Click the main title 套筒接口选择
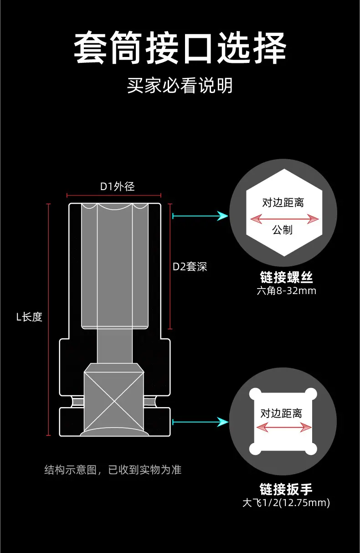click(x=180, y=48)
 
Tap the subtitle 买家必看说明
click(x=180, y=86)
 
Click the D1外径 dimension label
click(x=118, y=186)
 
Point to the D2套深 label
click(x=190, y=267)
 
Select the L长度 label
click(x=29, y=317)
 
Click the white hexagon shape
click(x=284, y=212)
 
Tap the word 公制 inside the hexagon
click(x=282, y=230)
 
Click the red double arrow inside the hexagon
click(x=284, y=219)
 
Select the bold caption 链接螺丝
click(x=286, y=277)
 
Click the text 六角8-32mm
click(x=286, y=291)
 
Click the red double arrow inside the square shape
click(x=284, y=427)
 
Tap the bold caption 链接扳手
click(x=286, y=489)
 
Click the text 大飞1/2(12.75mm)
click(x=286, y=503)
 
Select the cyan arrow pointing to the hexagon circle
click(x=201, y=216)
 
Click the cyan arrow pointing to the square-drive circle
click(x=201, y=422)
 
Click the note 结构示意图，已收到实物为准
click(x=113, y=470)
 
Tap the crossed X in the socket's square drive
click(x=114, y=404)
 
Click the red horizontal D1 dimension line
click(x=114, y=196)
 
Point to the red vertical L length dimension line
click(x=48, y=320)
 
